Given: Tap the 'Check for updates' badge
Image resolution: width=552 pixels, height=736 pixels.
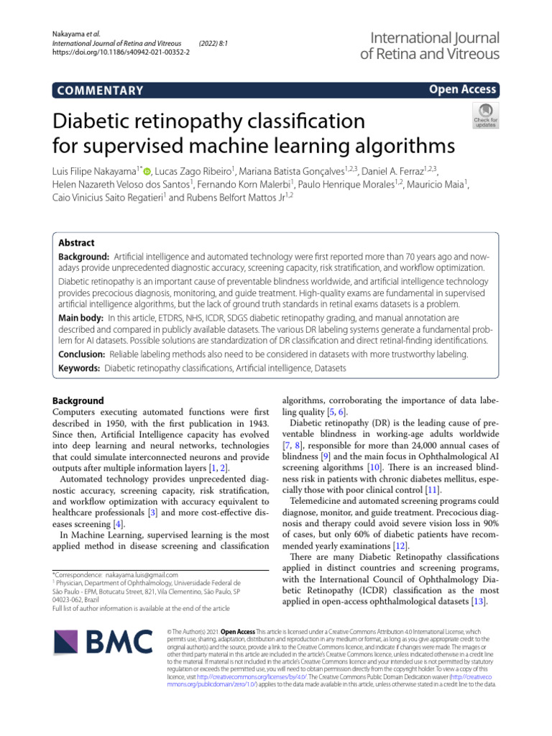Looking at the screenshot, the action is click(x=484, y=115).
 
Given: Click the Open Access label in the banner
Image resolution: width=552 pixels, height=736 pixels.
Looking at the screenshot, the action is click(x=462, y=89).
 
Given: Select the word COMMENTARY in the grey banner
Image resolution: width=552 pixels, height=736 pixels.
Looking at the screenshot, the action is click(x=98, y=90).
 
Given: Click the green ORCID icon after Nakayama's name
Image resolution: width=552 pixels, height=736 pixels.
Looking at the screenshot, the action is click(x=147, y=170).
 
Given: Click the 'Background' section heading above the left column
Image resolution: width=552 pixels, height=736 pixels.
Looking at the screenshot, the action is click(x=78, y=400).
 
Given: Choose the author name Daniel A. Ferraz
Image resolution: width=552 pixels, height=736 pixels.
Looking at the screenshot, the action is click(x=399, y=170).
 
